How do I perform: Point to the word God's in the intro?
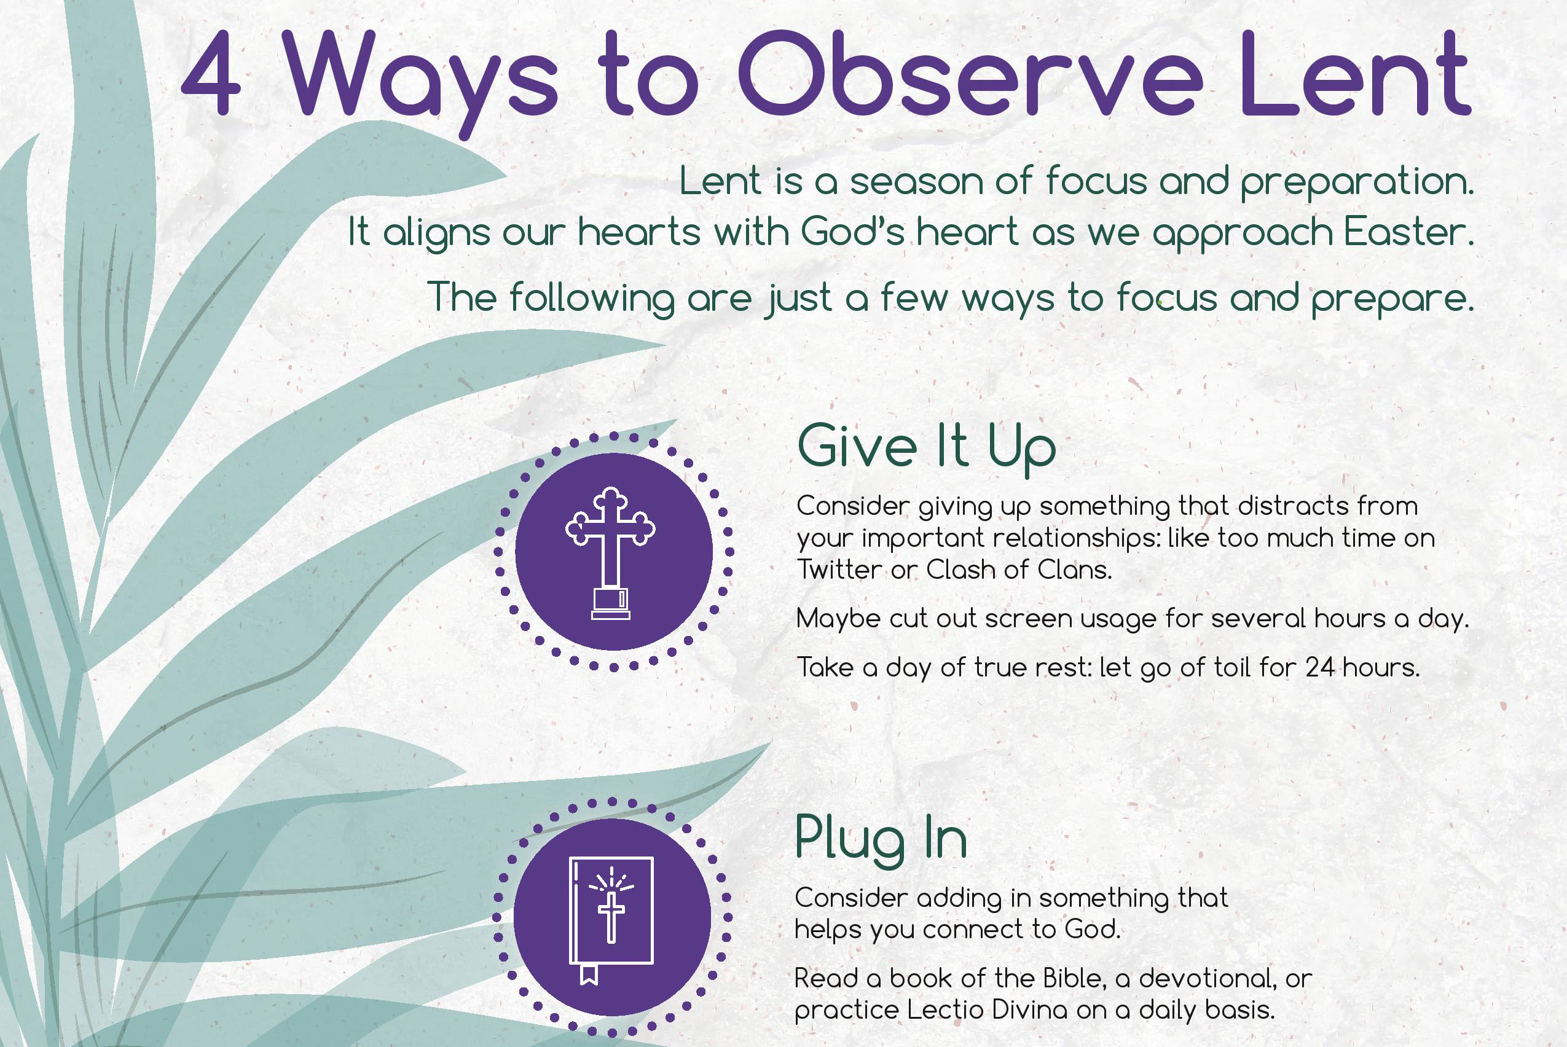[x=852, y=232]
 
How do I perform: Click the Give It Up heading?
[x=927, y=447]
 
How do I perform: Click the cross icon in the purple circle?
[x=610, y=553]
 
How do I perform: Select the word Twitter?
[x=839, y=570]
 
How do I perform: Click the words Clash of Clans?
[x=1019, y=570]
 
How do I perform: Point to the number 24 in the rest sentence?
[x=1320, y=668]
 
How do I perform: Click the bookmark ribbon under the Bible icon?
[x=587, y=974]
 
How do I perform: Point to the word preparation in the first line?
[x=1357, y=182]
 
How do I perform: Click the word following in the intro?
[x=592, y=299]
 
